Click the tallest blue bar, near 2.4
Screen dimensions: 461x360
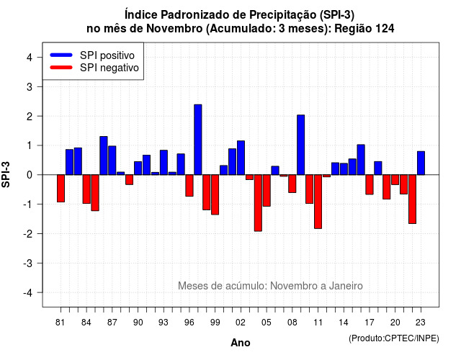point(198,140)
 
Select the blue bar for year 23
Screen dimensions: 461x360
point(421,163)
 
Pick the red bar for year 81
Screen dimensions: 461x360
point(61,189)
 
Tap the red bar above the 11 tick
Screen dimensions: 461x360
point(318,202)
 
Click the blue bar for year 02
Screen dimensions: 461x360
point(241,158)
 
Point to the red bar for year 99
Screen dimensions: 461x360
point(215,195)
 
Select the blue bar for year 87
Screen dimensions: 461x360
point(112,161)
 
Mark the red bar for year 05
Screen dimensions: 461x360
point(267,190)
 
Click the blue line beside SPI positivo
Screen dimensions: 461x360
point(61,55)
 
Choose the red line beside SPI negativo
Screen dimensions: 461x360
point(61,68)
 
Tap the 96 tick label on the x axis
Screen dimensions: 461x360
point(189,323)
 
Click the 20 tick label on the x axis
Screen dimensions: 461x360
point(395,323)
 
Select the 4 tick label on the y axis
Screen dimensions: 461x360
point(30,58)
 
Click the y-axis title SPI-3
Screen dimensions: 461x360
point(6,174)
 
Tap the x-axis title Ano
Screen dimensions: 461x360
point(241,343)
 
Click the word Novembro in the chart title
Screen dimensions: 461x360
point(174,29)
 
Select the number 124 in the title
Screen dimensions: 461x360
point(384,29)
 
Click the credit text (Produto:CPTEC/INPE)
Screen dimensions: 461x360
point(394,338)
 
